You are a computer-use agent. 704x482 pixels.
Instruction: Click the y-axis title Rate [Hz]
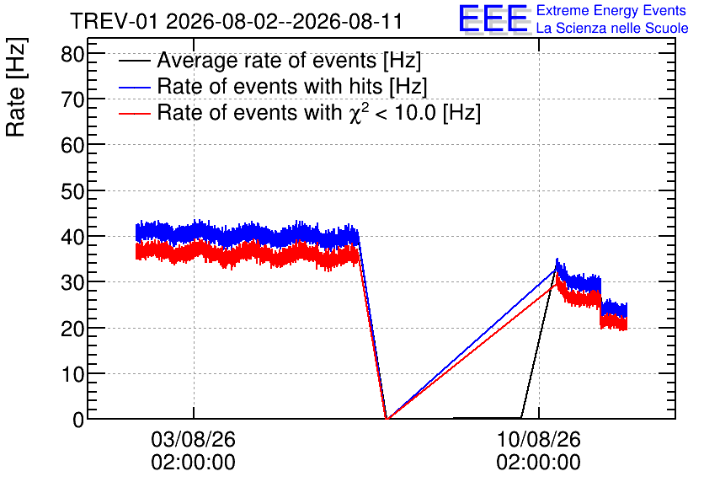click(x=16, y=87)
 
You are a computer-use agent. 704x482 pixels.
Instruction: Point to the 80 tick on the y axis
click(x=72, y=55)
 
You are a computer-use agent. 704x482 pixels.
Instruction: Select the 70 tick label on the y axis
click(x=72, y=99)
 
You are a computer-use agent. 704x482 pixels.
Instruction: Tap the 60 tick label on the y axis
click(x=72, y=146)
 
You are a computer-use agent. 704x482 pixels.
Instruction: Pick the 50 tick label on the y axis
click(x=72, y=191)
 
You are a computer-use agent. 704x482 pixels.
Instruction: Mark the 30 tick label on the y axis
click(x=72, y=283)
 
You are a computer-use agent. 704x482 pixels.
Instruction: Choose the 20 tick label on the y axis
click(x=72, y=329)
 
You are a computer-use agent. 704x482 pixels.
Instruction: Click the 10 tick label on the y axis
click(x=72, y=374)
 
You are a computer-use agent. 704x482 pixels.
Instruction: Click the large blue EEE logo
click(x=493, y=19)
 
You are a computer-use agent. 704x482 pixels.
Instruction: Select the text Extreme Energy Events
click(x=611, y=10)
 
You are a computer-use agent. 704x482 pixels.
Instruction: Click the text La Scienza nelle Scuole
click(x=612, y=29)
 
